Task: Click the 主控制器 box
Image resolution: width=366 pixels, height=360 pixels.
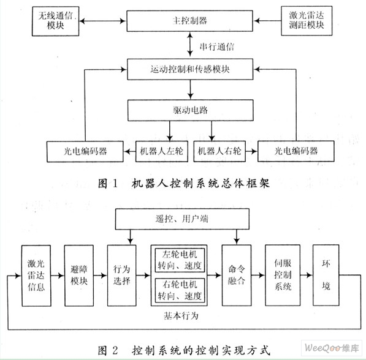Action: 190,21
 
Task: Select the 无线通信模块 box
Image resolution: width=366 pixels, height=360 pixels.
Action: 56,21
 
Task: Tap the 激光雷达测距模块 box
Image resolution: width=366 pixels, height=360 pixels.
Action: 307,21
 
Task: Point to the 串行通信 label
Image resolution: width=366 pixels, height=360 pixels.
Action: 217,47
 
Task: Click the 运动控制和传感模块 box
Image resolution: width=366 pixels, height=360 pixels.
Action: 190,69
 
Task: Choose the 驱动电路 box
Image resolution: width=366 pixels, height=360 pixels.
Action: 191,110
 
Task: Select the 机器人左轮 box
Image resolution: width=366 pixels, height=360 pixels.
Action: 162,151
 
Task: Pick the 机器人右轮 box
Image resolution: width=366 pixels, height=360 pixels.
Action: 219,151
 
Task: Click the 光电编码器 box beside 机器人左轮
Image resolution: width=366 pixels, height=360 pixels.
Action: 85,152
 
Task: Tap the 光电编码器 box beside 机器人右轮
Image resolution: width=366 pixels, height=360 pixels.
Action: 295,151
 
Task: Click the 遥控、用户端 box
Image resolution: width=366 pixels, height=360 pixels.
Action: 182,219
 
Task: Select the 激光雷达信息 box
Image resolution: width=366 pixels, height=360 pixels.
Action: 36,276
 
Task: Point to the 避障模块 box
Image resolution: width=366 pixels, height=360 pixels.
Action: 79,276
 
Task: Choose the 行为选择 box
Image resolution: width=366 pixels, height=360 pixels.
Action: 121,276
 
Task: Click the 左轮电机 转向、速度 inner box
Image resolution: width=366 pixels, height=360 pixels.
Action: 180,260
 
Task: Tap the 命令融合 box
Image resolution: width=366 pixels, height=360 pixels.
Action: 237,275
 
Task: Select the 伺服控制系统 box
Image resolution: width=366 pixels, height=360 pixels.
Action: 283,275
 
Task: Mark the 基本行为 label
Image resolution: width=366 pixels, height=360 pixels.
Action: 181,316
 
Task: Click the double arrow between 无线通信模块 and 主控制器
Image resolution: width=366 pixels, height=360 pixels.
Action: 103,21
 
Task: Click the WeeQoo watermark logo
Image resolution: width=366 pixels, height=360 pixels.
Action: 332,348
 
